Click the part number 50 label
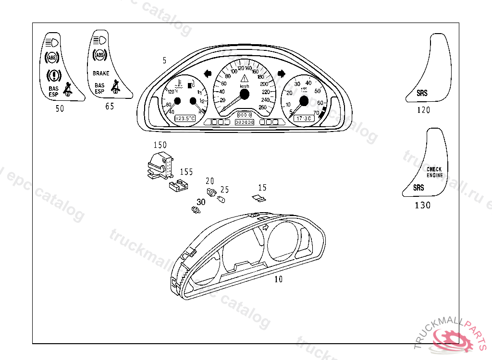[60, 109]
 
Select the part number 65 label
[110, 107]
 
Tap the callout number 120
[423, 110]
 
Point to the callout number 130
[423, 205]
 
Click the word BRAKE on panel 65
[101, 73]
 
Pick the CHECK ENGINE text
[434, 172]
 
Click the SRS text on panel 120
[422, 94]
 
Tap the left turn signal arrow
[209, 73]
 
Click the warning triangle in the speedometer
[245, 78]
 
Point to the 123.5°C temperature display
[184, 118]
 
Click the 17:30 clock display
[303, 118]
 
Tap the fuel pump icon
[191, 85]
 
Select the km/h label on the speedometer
[245, 85]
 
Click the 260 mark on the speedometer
[262, 107]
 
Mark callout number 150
[160, 145]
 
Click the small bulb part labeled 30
[195, 210]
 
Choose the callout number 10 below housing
[279, 279]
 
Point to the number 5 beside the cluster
[165, 60]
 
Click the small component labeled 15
[258, 198]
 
